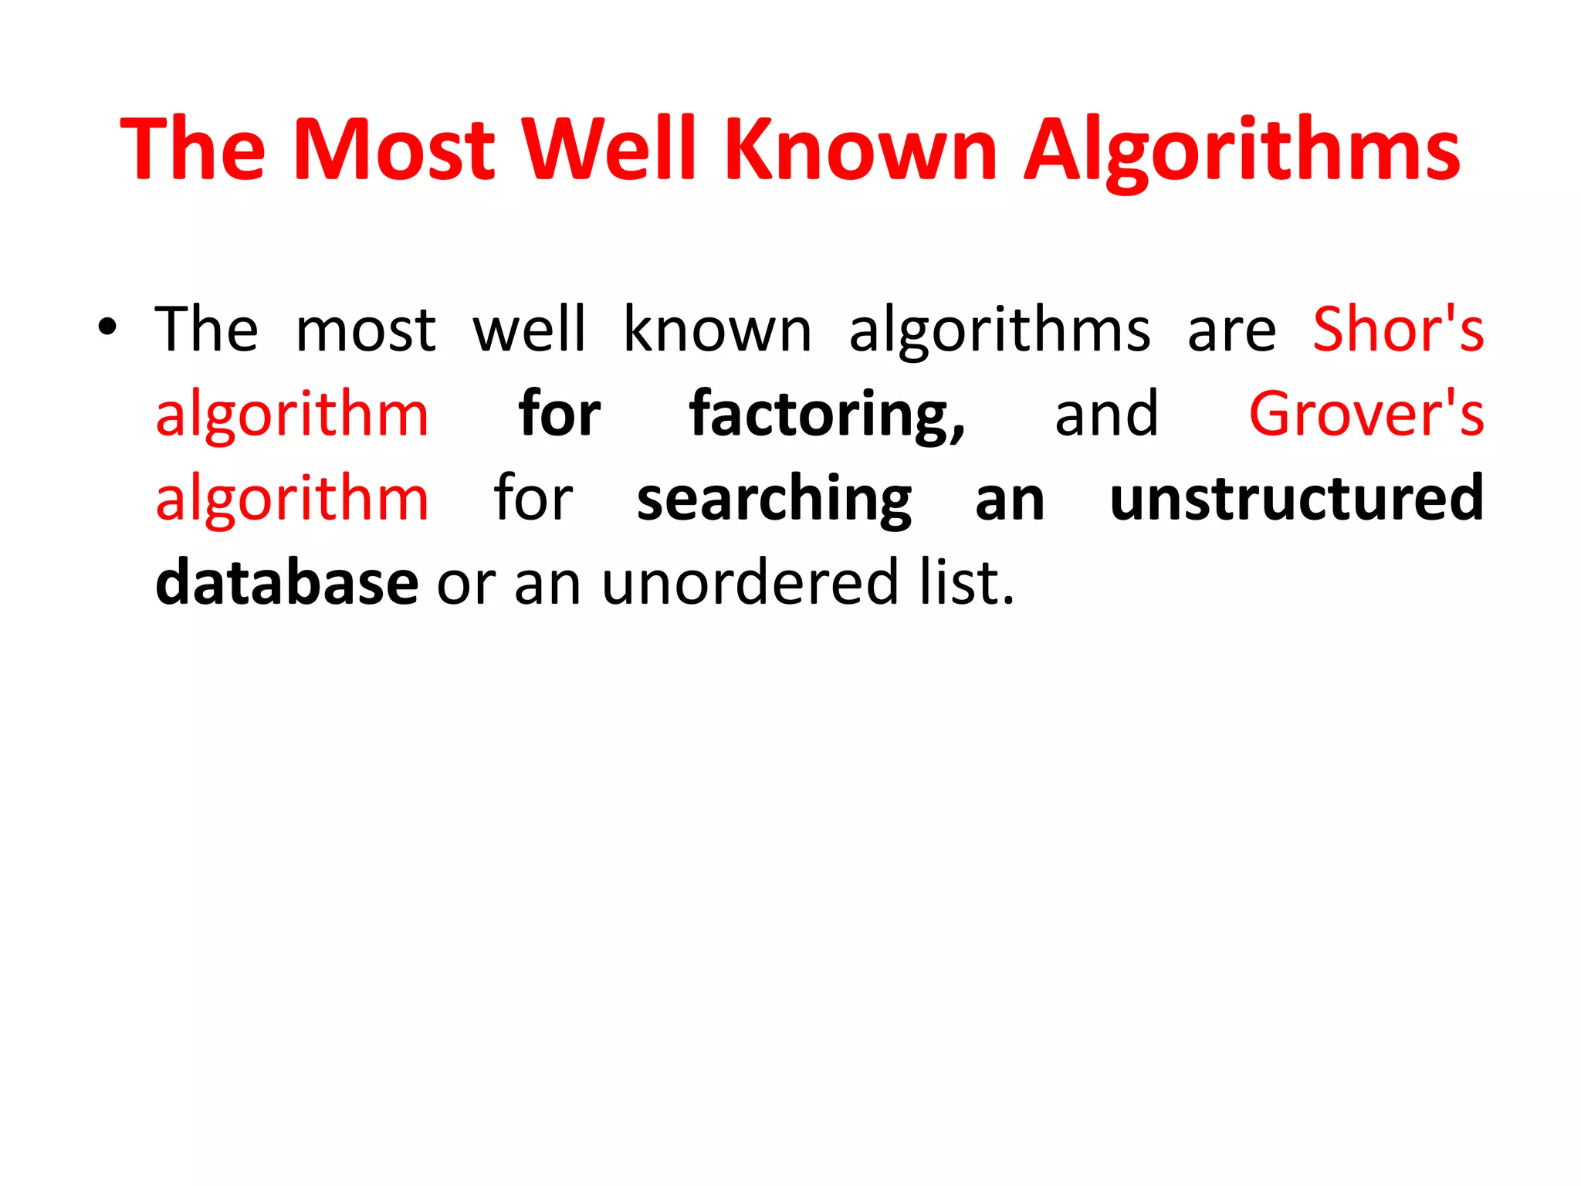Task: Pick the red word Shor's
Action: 1398,330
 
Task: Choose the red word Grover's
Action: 1366,414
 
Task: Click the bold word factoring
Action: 826,415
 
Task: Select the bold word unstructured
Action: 1296,499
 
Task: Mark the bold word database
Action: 286,583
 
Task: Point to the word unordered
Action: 750,583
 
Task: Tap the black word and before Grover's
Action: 1106,414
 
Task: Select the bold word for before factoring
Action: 559,414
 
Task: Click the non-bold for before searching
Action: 533,499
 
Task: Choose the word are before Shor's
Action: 1231,331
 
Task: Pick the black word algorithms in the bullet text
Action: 1000,331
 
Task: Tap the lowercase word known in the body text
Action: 717,330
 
